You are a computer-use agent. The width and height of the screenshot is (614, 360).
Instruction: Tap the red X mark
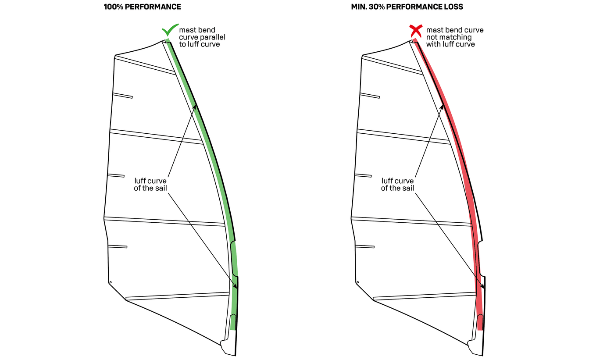pyautogui.click(x=416, y=31)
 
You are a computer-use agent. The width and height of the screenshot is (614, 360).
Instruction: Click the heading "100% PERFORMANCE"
pyautogui.click(x=142, y=7)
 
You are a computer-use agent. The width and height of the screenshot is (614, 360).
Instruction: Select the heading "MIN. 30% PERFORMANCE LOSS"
pyautogui.click(x=407, y=7)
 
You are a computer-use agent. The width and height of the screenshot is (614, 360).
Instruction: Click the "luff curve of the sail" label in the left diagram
pyautogui.click(x=150, y=184)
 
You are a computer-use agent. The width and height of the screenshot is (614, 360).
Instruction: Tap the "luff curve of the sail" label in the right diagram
pyautogui.click(x=397, y=184)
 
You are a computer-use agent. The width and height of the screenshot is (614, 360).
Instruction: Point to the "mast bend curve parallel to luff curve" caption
pyautogui.click(x=202, y=37)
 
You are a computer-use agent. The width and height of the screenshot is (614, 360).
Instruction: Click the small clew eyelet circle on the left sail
pyautogui.click(x=111, y=282)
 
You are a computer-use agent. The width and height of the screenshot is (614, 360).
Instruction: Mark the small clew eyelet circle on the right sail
pyautogui.click(x=358, y=282)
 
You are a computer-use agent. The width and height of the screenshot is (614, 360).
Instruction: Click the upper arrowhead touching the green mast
pyautogui.click(x=194, y=107)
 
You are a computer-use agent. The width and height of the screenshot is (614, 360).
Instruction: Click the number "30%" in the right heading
pyautogui.click(x=377, y=7)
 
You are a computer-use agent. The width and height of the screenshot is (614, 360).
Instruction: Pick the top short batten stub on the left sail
pyautogui.click(x=122, y=96)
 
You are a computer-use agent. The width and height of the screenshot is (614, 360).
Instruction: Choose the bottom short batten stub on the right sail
pyautogui.click(x=365, y=246)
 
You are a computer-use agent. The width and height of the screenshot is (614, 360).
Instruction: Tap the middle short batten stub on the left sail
pyautogui.click(x=116, y=175)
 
